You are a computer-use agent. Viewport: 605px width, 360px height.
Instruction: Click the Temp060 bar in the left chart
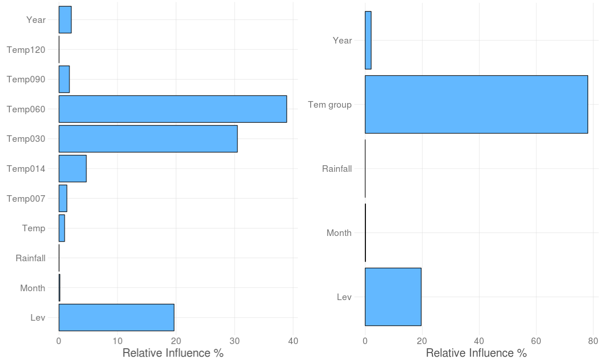coord(172,109)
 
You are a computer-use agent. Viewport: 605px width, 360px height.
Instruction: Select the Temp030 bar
coord(148,139)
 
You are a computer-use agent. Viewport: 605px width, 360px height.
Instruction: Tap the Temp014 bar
coord(73,169)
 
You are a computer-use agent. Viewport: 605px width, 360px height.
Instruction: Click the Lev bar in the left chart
coord(116,317)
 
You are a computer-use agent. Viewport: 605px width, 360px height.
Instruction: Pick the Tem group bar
coord(476,104)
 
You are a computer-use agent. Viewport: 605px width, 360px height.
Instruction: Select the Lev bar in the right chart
coord(393,297)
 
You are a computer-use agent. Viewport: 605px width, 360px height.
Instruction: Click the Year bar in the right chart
coord(368,40)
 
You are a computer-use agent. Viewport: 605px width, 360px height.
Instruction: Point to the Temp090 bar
coord(64,79)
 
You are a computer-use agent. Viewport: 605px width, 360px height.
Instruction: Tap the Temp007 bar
coord(63,198)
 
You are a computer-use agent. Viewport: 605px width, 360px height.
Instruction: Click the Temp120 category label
coord(26,50)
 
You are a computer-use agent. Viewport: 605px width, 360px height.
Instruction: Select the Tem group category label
coord(330,105)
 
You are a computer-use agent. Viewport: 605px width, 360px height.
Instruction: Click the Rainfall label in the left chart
coord(30,258)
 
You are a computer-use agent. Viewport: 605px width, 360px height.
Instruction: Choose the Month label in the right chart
coord(339,233)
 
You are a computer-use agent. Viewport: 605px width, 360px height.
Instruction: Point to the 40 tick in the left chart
coord(293,341)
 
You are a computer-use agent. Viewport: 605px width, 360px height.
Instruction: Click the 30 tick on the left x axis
coord(235,341)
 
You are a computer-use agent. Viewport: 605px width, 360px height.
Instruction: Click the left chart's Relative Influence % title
coord(173,353)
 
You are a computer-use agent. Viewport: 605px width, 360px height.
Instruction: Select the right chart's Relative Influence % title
coord(476,353)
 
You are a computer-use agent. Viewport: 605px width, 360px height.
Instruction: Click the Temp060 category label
coord(26,109)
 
